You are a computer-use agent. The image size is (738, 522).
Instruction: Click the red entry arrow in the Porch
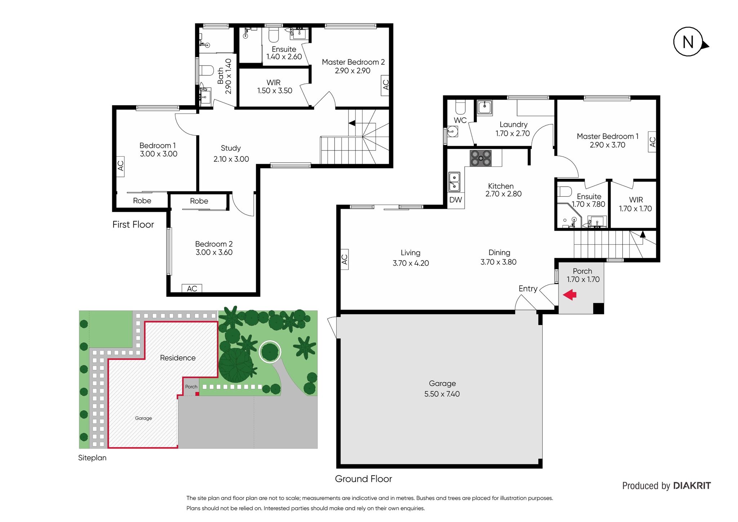click(570, 295)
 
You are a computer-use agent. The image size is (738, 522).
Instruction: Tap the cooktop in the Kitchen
click(480, 158)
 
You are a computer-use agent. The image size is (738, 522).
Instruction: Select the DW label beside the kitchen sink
click(455, 200)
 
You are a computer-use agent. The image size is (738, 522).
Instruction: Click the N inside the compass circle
click(688, 42)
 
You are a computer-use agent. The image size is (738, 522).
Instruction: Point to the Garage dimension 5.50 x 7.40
click(442, 394)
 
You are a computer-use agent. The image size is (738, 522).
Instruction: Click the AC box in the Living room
click(344, 259)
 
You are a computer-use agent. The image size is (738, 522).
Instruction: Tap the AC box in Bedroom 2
click(192, 289)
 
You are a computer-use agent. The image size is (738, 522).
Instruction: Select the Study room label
click(231, 148)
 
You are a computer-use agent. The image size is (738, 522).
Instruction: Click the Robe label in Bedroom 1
click(142, 201)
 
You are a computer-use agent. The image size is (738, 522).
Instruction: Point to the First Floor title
click(133, 224)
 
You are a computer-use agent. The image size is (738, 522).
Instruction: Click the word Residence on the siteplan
click(178, 358)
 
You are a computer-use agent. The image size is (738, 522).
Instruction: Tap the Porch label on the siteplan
click(191, 387)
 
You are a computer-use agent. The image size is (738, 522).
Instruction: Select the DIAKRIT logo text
click(692, 486)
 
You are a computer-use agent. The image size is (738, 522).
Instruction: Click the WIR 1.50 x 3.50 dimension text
click(275, 91)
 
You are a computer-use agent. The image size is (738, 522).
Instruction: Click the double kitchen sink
click(454, 182)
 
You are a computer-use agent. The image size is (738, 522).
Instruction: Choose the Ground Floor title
click(363, 479)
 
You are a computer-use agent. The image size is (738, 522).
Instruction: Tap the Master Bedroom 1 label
click(607, 136)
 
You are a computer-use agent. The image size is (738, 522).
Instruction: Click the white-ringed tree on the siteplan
click(270, 351)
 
